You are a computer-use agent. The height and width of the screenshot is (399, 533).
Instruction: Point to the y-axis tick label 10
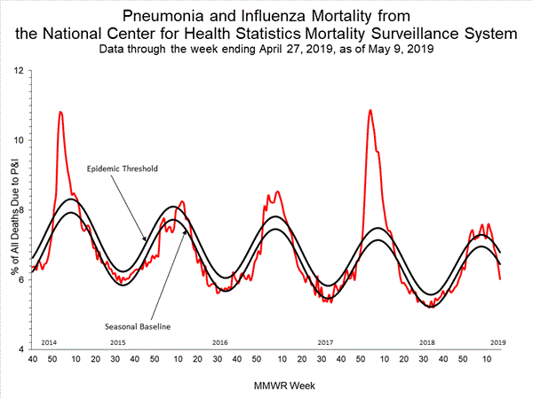[x=19, y=140]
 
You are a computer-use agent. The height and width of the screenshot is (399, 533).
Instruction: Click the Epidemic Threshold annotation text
[x=123, y=168]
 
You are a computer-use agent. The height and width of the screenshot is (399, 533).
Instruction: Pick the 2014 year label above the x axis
[x=50, y=342]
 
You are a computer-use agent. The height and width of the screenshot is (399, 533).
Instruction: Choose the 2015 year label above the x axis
[x=117, y=342]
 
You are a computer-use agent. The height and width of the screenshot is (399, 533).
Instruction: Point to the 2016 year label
[x=220, y=342]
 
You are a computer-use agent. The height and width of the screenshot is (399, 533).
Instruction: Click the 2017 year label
[x=324, y=342]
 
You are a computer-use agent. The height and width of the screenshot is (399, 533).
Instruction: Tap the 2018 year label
[x=427, y=342]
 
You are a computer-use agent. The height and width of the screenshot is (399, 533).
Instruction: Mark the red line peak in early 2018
[x=370, y=111]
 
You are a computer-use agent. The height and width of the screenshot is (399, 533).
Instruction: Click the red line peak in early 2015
[x=60, y=113]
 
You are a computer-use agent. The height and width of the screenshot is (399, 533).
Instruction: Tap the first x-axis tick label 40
[x=32, y=359]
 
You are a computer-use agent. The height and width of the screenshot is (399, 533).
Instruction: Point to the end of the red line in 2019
[x=500, y=279]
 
